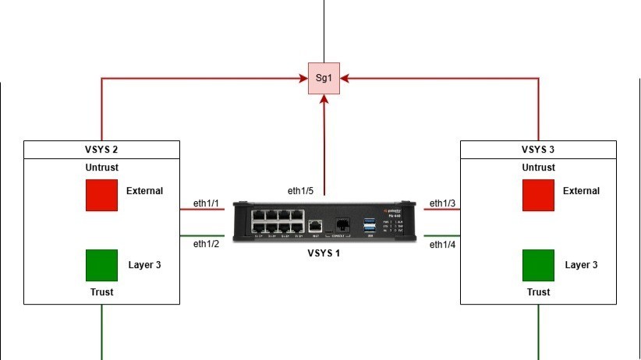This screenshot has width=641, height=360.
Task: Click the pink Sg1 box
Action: coord(324,78)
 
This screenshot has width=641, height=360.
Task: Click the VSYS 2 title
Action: coord(101,149)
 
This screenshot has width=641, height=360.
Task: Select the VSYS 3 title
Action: coord(538,149)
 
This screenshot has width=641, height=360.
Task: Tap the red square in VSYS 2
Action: coord(101,195)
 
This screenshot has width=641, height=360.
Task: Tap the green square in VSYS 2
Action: coord(101,265)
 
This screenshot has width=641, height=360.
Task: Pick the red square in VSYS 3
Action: coord(538,195)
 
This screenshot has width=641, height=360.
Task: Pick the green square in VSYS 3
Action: coord(538,265)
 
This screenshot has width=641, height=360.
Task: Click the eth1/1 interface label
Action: coord(207,203)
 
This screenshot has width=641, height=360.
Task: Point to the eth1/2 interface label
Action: coord(207,244)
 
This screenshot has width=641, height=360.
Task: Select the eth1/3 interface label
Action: coord(443,203)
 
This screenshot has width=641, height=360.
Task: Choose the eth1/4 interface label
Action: coord(443,244)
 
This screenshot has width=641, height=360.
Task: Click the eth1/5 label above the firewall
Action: coord(300,191)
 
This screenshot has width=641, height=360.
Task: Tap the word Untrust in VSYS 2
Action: coord(101,168)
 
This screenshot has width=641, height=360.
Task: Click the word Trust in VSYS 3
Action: coord(538,292)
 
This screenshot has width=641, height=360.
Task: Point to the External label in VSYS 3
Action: coord(581,191)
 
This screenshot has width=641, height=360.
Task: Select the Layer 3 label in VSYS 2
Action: coord(144,265)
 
